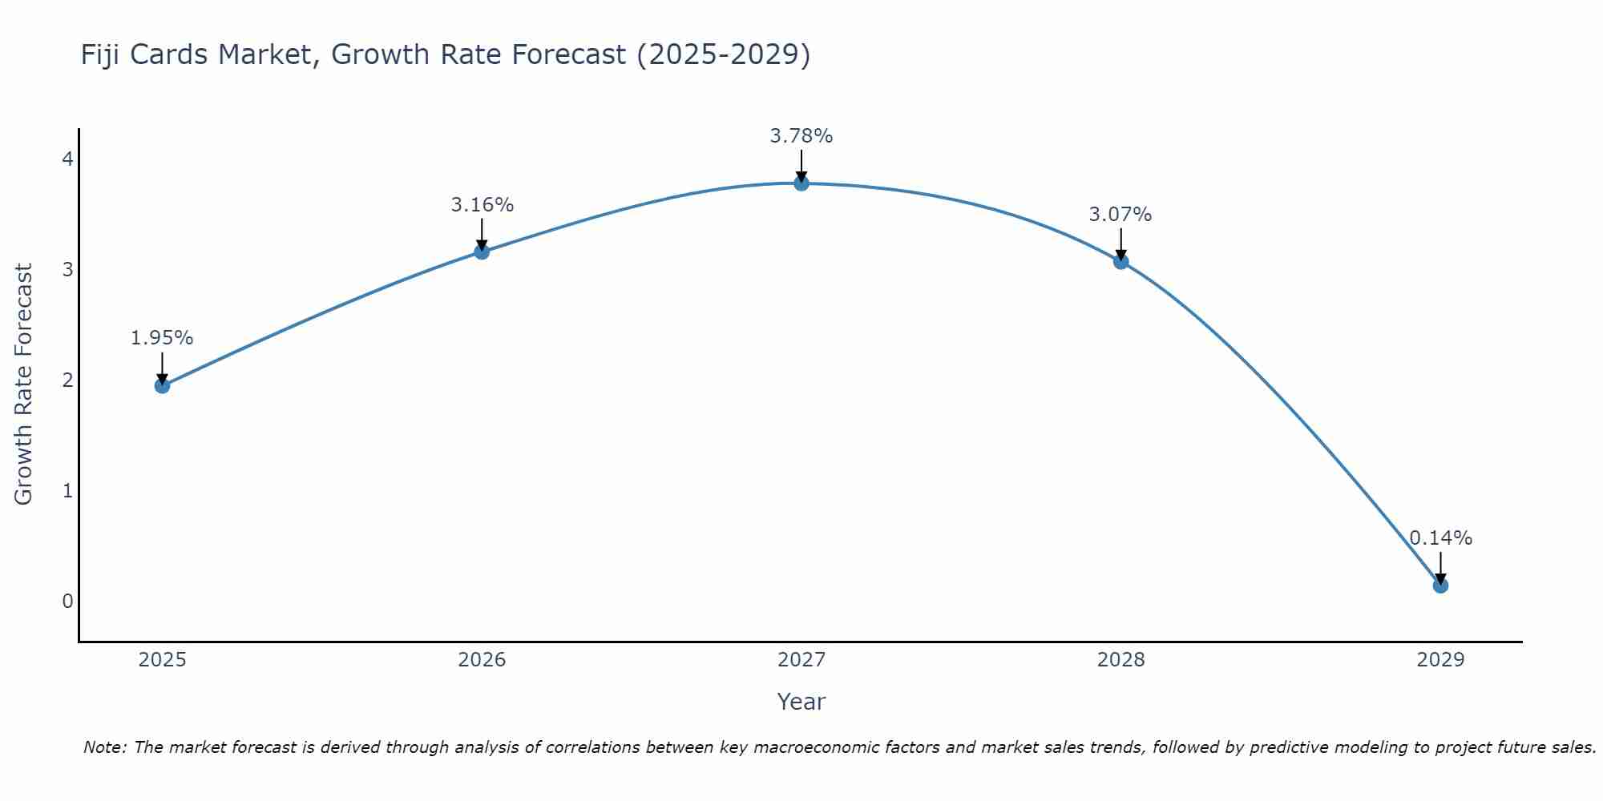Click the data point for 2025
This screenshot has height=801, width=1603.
(x=162, y=385)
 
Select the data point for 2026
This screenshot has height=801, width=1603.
(x=482, y=252)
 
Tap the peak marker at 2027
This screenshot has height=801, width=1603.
(x=801, y=183)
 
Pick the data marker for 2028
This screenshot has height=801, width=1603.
(x=1120, y=261)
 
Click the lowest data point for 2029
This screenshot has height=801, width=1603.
(x=1440, y=586)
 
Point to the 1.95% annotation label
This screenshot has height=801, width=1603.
(x=162, y=338)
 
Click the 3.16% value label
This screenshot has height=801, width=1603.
(x=482, y=205)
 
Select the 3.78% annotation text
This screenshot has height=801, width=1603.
(x=801, y=136)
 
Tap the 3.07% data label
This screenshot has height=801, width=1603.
(x=1120, y=215)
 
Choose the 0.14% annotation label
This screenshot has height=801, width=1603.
(x=1440, y=538)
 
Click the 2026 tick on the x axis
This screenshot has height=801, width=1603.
(x=482, y=660)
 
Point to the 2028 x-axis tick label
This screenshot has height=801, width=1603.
(x=1120, y=660)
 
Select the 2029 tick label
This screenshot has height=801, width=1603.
(x=1440, y=660)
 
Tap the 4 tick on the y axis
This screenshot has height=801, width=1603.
(x=68, y=159)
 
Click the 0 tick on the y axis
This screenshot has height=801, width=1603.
(x=68, y=602)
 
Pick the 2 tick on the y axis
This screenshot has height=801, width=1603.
(x=68, y=380)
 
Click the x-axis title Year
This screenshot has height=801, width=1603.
(x=801, y=702)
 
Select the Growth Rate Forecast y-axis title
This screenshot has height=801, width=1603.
(x=24, y=384)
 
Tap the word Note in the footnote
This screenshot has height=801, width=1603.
(x=103, y=747)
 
